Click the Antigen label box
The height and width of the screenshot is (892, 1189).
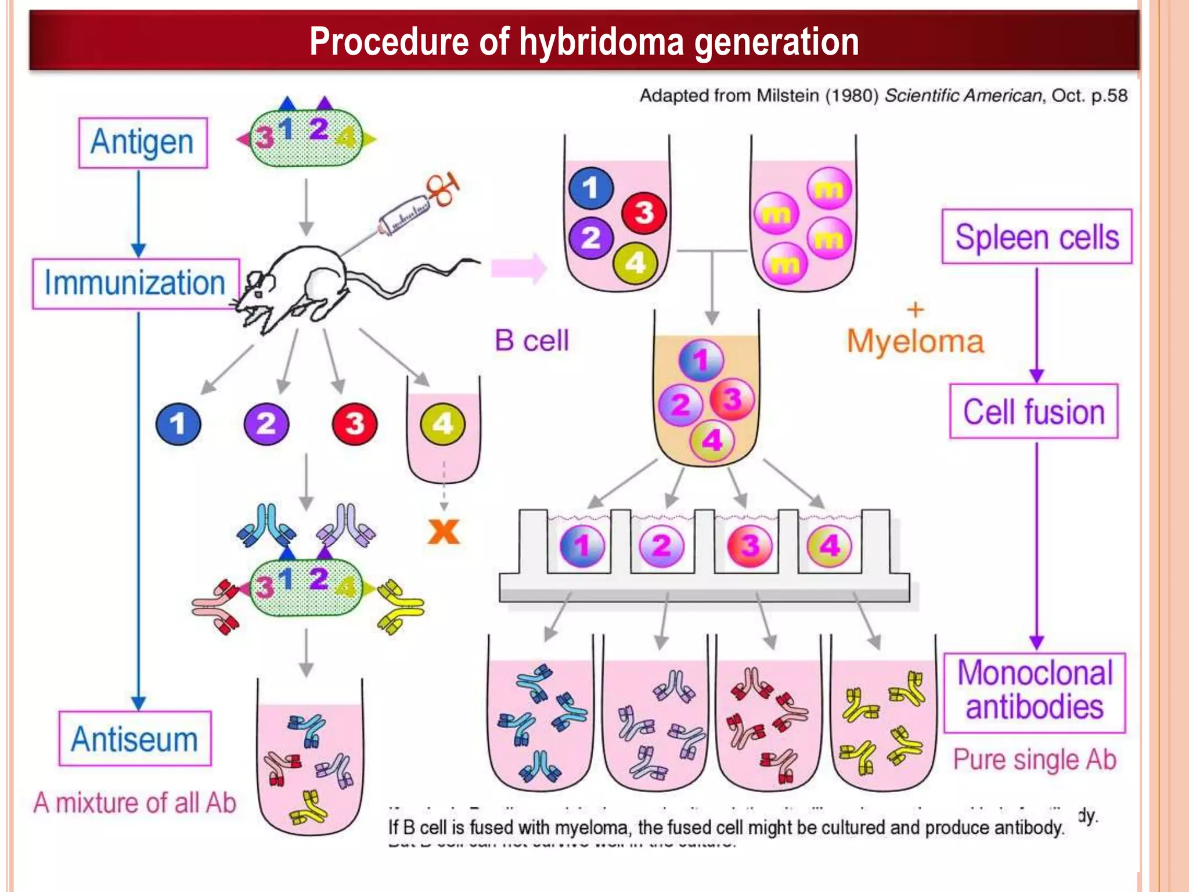click(x=143, y=143)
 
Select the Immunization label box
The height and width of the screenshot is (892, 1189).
click(x=136, y=283)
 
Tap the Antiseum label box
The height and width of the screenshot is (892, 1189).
click(x=135, y=739)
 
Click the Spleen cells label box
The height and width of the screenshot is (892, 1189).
click(x=1037, y=237)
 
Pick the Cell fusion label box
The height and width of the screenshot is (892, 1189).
click(x=1034, y=412)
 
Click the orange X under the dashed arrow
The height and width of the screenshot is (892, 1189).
click(x=444, y=531)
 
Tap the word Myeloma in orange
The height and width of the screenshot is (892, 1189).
click(x=915, y=341)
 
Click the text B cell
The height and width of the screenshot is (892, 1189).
click(x=531, y=341)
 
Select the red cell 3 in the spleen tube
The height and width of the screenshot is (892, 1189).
click(x=644, y=213)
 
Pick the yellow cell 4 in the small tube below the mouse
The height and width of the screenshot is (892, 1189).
click(x=442, y=424)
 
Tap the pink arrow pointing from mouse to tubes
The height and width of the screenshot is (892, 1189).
click(x=518, y=268)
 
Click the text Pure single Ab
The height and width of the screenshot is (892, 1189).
click(x=1035, y=760)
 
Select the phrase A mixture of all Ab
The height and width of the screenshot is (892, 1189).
click(x=135, y=803)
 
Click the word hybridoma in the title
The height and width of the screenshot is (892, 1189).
click(x=601, y=42)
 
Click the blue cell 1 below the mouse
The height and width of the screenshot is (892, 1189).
click(x=178, y=424)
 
